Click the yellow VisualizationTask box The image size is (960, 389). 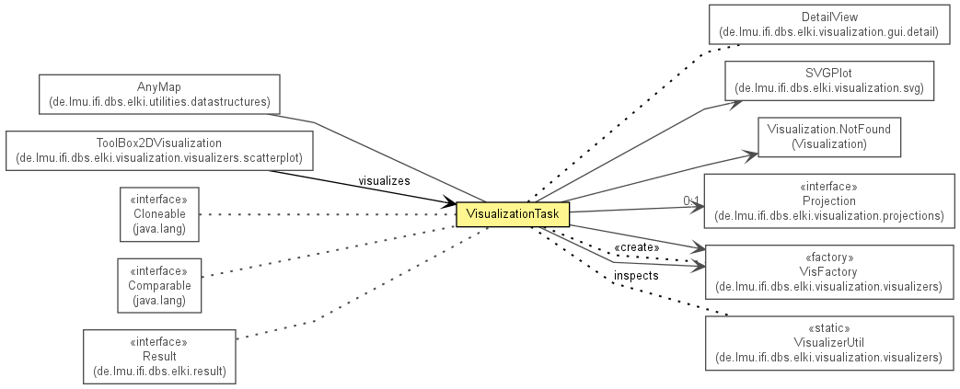click(513, 214)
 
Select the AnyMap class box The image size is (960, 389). click(159, 94)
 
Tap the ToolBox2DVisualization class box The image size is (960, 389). click(159, 151)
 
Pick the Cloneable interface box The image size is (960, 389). click(159, 214)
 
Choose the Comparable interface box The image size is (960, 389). click(159, 286)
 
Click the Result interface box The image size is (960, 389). click(159, 357)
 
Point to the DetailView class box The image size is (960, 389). click(829, 25)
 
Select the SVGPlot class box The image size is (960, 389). click(829, 81)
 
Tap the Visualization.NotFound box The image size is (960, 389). click(829, 137)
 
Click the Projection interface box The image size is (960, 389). click(829, 201)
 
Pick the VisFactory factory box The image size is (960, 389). click(829, 272)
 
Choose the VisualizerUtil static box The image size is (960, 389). click(829, 343)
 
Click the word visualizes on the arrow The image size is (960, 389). click(384, 181)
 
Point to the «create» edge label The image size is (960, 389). click(637, 247)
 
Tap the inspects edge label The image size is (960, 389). click(636, 276)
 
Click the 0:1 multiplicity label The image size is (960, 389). click(691, 201)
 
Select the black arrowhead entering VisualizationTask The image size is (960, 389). click(448, 203)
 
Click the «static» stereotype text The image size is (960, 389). click(829, 328)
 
